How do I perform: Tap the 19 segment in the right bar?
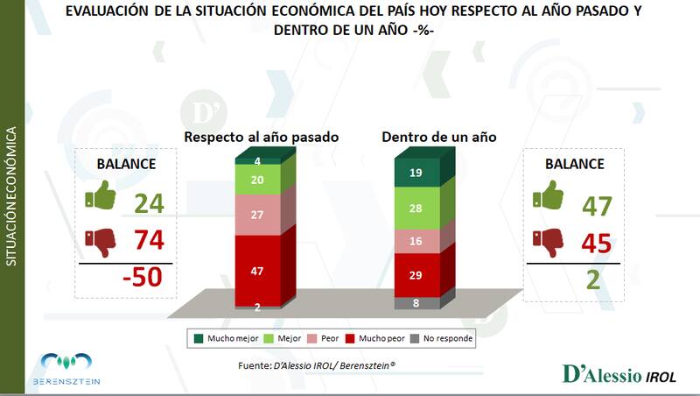416,173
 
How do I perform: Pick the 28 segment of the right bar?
416,209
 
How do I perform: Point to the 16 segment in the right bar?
416,241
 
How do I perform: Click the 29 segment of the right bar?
416,275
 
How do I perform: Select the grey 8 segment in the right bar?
416,303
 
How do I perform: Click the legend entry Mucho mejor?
223,338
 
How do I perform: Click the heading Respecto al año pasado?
261,138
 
